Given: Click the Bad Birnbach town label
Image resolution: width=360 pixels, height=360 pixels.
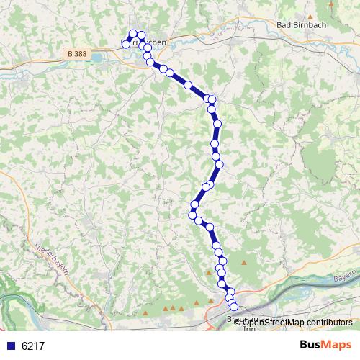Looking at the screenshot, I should coord(303,24).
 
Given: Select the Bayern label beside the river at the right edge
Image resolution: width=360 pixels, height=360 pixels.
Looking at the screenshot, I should coord(346,276).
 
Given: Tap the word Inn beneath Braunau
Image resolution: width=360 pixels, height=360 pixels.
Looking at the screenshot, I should coord(249,329).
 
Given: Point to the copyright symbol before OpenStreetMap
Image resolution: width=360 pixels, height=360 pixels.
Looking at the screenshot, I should coord(237,323).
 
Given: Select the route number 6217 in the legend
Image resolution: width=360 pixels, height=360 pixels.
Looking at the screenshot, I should coord(33,346).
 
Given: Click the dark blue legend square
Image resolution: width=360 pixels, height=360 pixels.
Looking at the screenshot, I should coord(11,346).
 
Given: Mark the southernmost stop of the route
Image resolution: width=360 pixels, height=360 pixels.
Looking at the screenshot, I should coord(233,307).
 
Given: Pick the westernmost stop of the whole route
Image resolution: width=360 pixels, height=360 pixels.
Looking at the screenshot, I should coord(126,44).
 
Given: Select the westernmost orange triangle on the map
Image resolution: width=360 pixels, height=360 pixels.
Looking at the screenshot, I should coord(146,315).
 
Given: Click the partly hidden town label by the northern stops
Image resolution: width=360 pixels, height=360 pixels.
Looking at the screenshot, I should coord(150,43).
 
